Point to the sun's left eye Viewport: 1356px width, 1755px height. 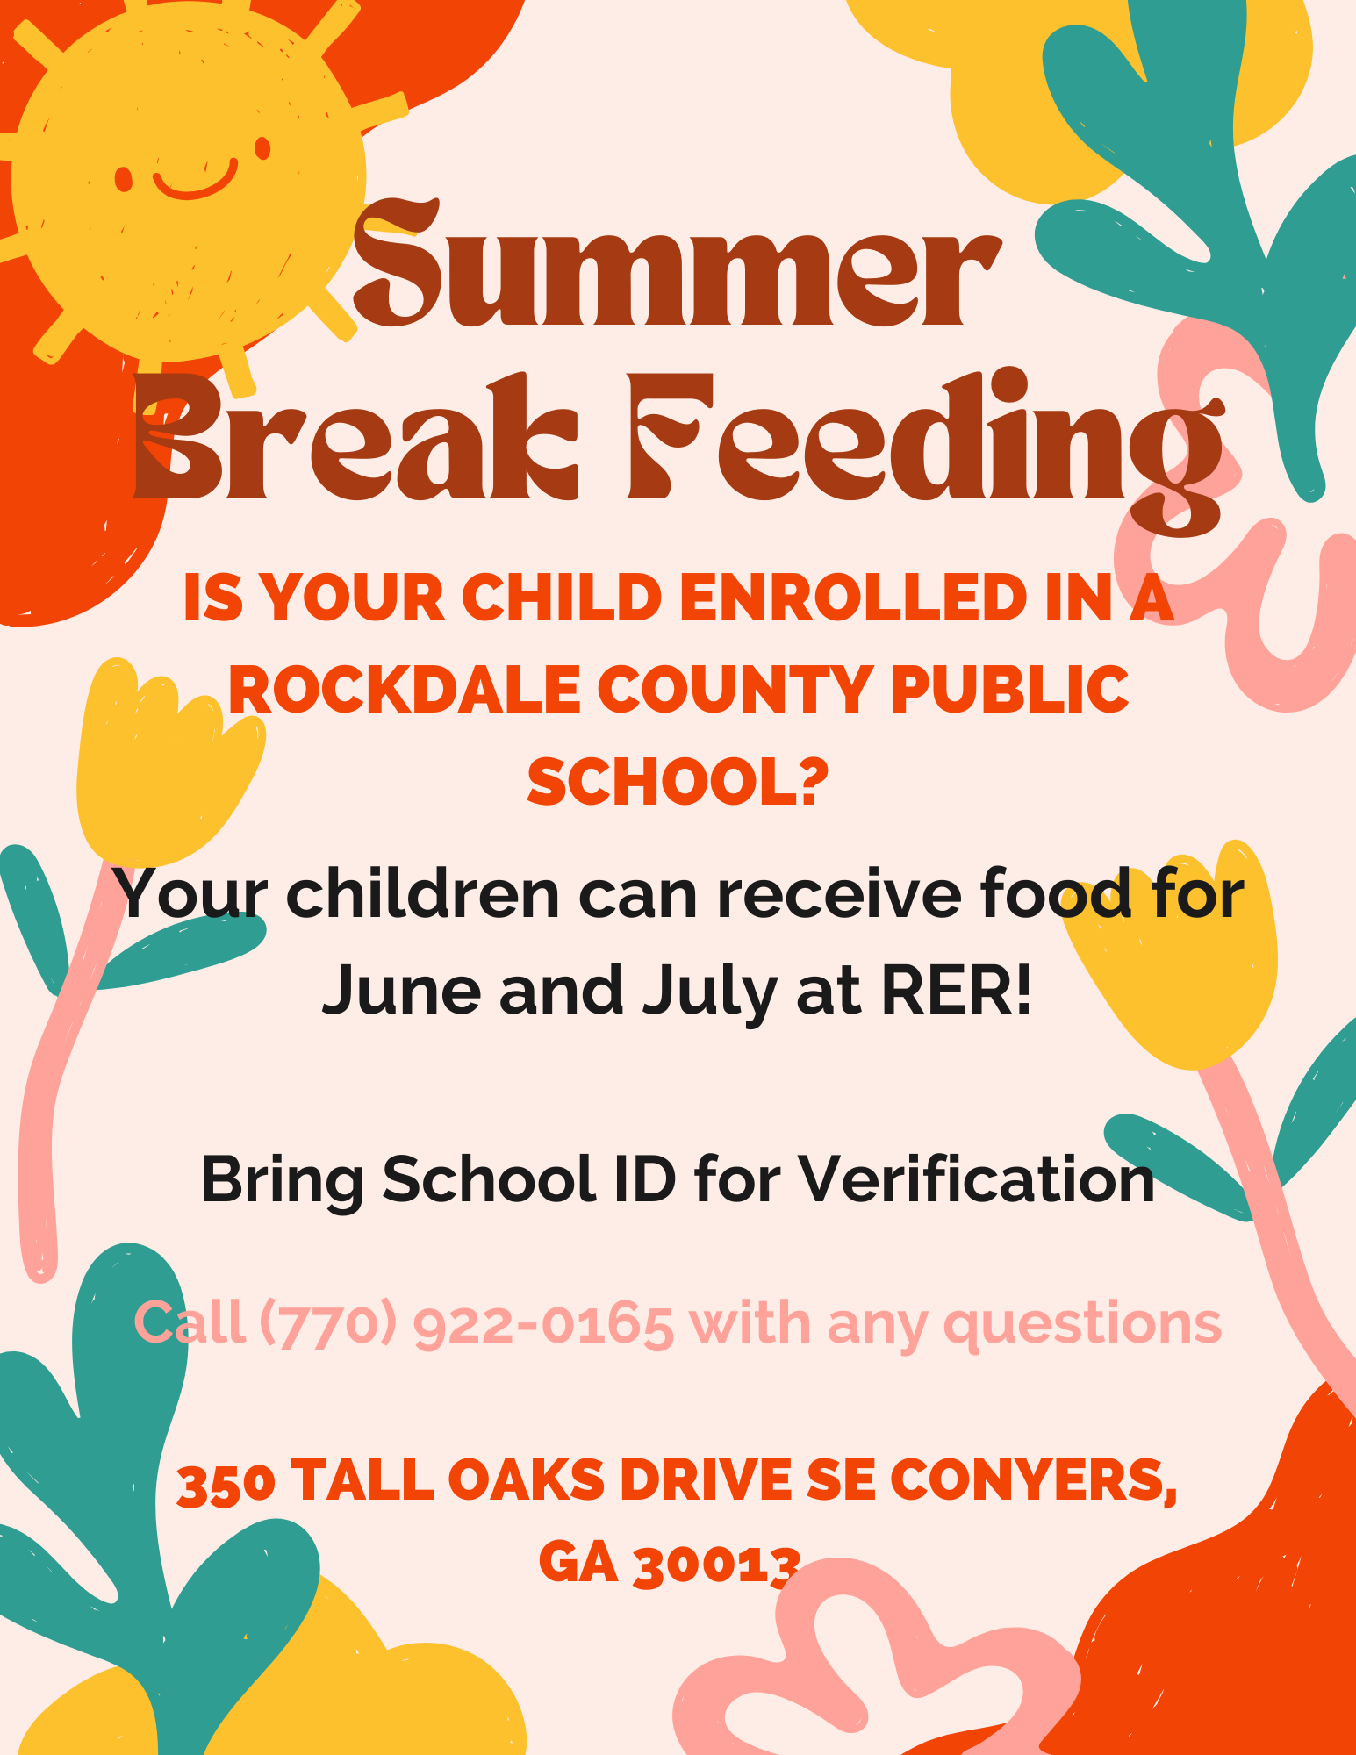point(124,179)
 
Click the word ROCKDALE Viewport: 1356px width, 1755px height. point(404,690)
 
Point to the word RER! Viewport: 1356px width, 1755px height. point(956,990)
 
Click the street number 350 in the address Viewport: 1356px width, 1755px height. point(226,1483)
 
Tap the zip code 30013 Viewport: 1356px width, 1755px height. point(716,1564)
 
